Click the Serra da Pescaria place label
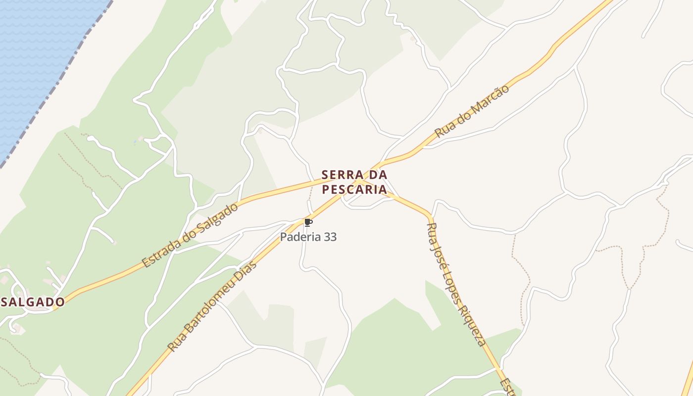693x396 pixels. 354,182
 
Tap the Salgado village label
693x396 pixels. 33,302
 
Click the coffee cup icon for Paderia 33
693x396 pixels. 308,223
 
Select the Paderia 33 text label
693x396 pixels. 308,237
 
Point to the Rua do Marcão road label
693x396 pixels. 472,111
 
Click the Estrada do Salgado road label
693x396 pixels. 190,235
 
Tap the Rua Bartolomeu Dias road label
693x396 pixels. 213,305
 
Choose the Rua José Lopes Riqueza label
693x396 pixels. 455,285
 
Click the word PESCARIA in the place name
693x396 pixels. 354,189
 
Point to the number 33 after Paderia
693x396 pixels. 328,237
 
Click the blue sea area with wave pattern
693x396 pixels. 35,59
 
